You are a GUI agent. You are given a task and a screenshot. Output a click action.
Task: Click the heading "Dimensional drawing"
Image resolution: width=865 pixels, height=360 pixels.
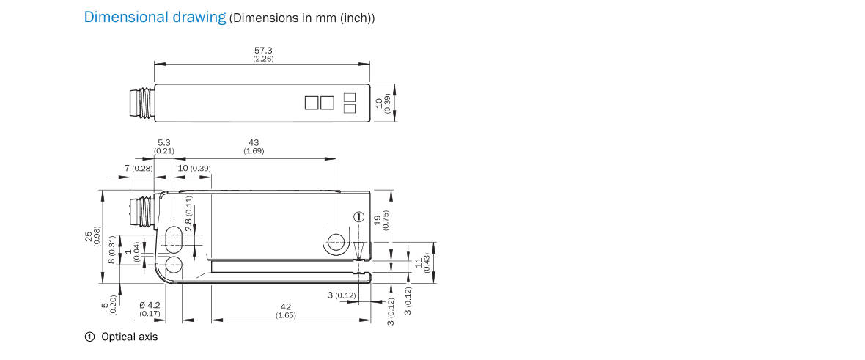pos(155,17)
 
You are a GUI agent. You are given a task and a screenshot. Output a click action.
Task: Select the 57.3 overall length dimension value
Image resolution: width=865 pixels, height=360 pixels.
pos(263,51)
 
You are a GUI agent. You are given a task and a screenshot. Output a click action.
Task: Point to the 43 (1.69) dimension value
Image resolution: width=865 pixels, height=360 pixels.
pos(254,147)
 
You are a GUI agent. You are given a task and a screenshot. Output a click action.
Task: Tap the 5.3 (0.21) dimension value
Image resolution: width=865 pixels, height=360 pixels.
pos(164,147)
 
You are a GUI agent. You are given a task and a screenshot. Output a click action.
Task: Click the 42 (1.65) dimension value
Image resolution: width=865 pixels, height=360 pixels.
pos(286,311)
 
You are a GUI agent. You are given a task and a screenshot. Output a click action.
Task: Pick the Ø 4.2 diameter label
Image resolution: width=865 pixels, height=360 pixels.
pos(150,305)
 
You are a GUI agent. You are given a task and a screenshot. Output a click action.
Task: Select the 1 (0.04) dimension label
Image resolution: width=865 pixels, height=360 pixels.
pos(132,251)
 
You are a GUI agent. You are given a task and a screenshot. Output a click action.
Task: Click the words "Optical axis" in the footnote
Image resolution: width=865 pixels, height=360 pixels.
pos(129,337)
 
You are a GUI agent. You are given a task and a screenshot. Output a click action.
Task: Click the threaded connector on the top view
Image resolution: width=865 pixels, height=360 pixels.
pos(141,103)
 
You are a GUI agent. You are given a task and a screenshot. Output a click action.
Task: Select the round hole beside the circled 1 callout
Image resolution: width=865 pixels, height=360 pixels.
pos(336,242)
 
